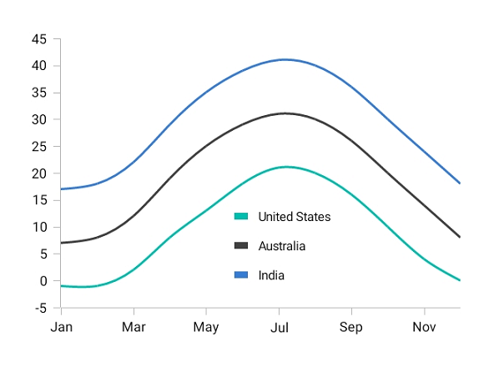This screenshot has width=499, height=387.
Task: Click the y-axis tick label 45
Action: pyautogui.click(x=39, y=39)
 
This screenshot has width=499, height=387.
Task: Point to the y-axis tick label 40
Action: pyautogui.click(x=39, y=66)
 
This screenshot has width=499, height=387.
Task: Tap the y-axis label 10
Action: pyautogui.click(x=39, y=228)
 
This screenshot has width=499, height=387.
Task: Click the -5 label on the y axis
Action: pyautogui.click(x=39, y=309)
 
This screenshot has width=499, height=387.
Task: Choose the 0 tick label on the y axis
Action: pyautogui.click(x=43, y=281)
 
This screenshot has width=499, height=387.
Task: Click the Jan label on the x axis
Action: pyautogui.click(x=61, y=327)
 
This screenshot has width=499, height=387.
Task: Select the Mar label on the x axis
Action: pyautogui.click(x=134, y=327)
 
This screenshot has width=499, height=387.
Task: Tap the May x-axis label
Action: pyautogui.click(x=206, y=327)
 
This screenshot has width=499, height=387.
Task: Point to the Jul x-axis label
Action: pyautogui.click(x=279, y=327)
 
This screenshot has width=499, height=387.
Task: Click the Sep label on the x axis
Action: pyautogui.click(x=351, y=327)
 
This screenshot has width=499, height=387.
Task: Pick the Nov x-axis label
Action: pyautogui.click(x=424, y=327)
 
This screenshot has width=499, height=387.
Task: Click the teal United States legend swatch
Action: pyautogui.click(x=241, y=217)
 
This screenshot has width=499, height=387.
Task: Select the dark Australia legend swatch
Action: pyautogui.click(x=241, y=246)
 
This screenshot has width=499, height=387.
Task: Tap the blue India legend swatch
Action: pyautogui.click(x=241, y=275)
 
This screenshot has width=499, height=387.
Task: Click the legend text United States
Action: pyautogui.click(x=294, y=217)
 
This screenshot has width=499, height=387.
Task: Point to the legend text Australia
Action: pyautogui.click(x=281, y=246)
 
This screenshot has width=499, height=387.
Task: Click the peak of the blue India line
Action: pyautogui.click(x=285, y=59)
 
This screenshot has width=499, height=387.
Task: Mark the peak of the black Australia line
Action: pyautogui.click(x=285, y=113)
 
